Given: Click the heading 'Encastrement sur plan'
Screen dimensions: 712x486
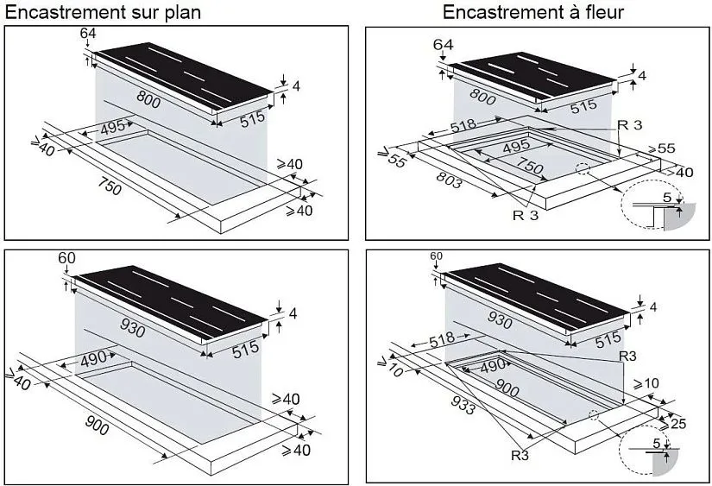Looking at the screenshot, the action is pyautogui.click(x=103, y=12).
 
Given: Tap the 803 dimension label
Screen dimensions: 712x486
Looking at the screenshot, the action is pyautogui.click(x=449, y=180).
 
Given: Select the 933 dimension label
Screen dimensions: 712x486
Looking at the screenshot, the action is pyautogui.click(x=464, y=405).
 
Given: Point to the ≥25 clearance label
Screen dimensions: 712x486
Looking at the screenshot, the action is pyautogui.click(x=673, y=423).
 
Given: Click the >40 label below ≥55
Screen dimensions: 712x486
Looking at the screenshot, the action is pyautogui.click(x=680, y=173).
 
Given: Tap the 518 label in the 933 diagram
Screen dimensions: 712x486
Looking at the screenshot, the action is pyautogui.click(x=442, y=338).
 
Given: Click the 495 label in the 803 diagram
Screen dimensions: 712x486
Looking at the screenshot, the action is pyautogui.click(x=517, y=146).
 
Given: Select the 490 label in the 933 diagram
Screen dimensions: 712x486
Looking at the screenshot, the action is pyautogui.click(x=492, y=366).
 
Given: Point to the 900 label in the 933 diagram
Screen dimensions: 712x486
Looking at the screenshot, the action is pyautogui.click(x=507, y=387).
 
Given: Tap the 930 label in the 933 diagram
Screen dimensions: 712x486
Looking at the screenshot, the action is pyautogui.click(x=500, y=320).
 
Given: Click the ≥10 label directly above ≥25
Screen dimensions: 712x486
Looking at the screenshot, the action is pyautogui.click(x=646, y=384).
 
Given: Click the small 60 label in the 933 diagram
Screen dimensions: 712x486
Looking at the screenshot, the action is pyautogui.click(x=436, y=256).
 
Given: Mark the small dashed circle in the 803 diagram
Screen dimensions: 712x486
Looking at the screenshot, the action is pyautogui.click(x=583, y=168).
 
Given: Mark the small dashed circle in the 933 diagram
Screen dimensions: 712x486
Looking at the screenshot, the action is pyautogui.click(x=594, y=414).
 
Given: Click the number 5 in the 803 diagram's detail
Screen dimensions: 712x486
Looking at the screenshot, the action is pyautogui.click(x=667, y=198).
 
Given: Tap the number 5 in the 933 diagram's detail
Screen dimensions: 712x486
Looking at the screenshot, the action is pyautogui.click(x=657, y=443).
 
